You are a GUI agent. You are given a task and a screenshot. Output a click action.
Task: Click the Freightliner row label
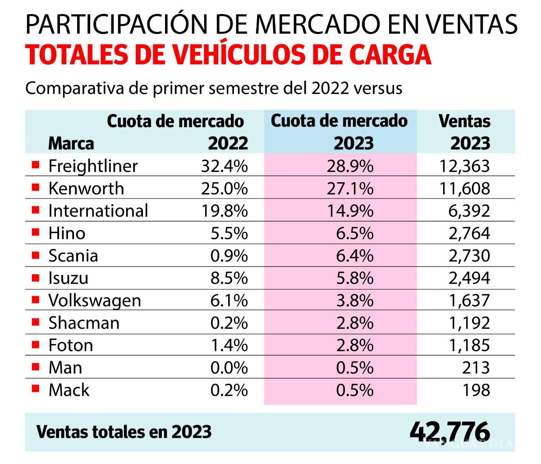click(x=92, y=166)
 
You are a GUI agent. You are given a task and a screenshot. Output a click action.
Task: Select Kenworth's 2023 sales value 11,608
click(x=464, y=188)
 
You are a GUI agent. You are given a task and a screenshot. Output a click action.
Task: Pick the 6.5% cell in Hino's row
click(x=354, y=233)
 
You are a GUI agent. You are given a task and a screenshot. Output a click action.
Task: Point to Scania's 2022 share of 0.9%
click(x=229, y=256)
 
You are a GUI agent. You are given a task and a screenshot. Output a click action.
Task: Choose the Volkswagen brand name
click(x=95, y=300)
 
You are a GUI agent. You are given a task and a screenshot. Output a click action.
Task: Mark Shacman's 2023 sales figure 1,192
click(x=469, y=323)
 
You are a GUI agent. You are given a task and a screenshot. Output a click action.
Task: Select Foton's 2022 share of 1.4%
click(x=229, y=345)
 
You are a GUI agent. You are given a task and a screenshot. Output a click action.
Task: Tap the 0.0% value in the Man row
click(x=229, y=368)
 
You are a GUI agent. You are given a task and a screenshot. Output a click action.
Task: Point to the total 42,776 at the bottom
click(x=449, y=431)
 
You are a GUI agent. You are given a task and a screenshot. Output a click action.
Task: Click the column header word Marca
click(x=71, y=143)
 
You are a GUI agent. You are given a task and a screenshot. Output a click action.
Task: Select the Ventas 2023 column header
click(x=464, y=132)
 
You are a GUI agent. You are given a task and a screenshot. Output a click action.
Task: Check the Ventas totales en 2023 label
click(x=124, y=432)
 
